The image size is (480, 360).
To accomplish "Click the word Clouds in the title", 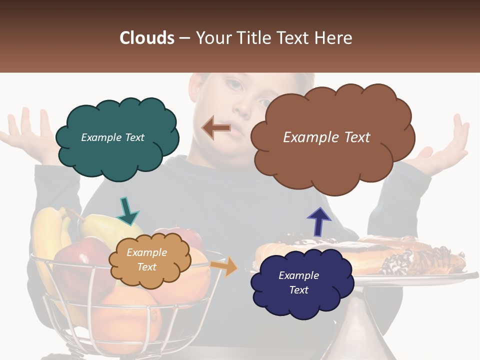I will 147,38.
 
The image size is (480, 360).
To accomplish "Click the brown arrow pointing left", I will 216,128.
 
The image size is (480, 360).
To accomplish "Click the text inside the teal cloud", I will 112,137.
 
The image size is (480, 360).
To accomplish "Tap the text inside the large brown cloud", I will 326,137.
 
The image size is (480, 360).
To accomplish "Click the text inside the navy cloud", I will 298,282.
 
